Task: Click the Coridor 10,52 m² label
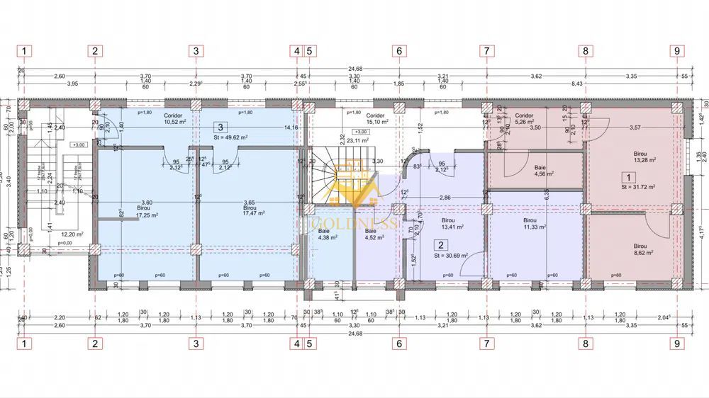click(x=174, y=118)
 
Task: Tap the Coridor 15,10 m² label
click(x=375, y=118)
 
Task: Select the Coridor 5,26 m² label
click(x=524, y=118)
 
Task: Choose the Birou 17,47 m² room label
click(x=253, y=210)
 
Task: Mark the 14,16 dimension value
click(x=291, y=127)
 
